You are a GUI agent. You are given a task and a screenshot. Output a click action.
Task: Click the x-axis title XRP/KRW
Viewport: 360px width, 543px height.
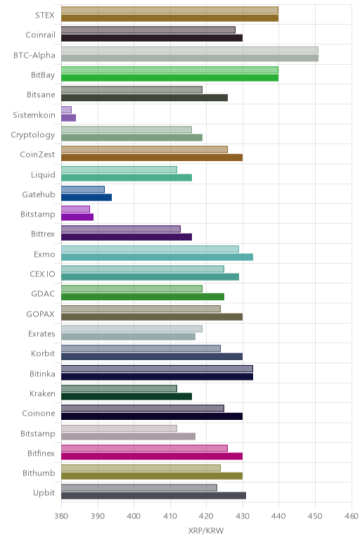pyautogui.click(x=206, y=530)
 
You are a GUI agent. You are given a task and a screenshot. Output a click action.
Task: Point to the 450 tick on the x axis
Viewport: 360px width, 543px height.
pyautogui.click(x=315, y=516)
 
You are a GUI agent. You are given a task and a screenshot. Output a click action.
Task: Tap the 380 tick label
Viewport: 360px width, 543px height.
pyautogui.click(x=61, y=516)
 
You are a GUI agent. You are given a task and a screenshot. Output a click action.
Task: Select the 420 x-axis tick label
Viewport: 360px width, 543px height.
pyautogui.click(x=206, y=516)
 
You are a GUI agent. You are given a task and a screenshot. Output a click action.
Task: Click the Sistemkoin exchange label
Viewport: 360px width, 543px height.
pyautogui.click(x=34, y=115)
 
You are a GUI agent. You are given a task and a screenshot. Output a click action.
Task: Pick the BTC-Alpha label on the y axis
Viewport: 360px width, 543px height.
pyautogui.click(x=34, y=55)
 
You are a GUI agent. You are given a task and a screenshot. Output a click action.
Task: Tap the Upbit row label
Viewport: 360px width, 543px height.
pyautogui.click(x=44, y=493)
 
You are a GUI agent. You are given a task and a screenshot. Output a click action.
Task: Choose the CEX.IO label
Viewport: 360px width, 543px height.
pyautogui.click(x=43, y=274)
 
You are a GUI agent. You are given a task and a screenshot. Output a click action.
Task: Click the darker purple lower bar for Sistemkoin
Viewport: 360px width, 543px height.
pyautogui.click(x=68, y=117)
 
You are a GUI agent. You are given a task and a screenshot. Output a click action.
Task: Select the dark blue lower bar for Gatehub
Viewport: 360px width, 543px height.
pyautogui.click(x=86, y=198)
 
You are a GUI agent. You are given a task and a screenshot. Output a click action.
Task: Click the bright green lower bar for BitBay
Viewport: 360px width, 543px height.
pyautogui.click(x=169, y=78)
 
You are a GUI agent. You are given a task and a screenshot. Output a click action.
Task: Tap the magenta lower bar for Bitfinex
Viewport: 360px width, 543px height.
pyautogui.click(x=152, y=456)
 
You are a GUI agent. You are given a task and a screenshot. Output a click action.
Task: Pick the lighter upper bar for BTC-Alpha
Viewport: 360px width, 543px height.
pyautogui.click(x=190, y=50)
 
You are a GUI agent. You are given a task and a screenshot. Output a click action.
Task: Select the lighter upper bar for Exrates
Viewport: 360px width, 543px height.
pyautogui.click(x=131, y=328)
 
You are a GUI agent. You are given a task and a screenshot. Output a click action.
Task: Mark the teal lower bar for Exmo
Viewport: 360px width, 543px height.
pyautogui.click(x=157, y=257)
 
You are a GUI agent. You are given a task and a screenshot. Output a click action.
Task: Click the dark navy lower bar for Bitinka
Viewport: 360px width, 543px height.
pyautogui.click(x=157, y=376)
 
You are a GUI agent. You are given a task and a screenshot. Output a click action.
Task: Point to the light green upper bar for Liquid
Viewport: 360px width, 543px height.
pyautogui.click(x=119, y=170)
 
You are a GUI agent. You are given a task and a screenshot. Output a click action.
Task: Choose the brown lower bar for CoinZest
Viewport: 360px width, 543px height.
pyautogui.click(x=152, y=158)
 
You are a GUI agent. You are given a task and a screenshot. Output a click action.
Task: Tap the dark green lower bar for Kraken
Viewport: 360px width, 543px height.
pyautogui.click(x=127, y=397)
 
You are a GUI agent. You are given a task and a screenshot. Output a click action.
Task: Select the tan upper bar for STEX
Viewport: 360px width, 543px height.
pyautogui.click(x=169, y=10)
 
